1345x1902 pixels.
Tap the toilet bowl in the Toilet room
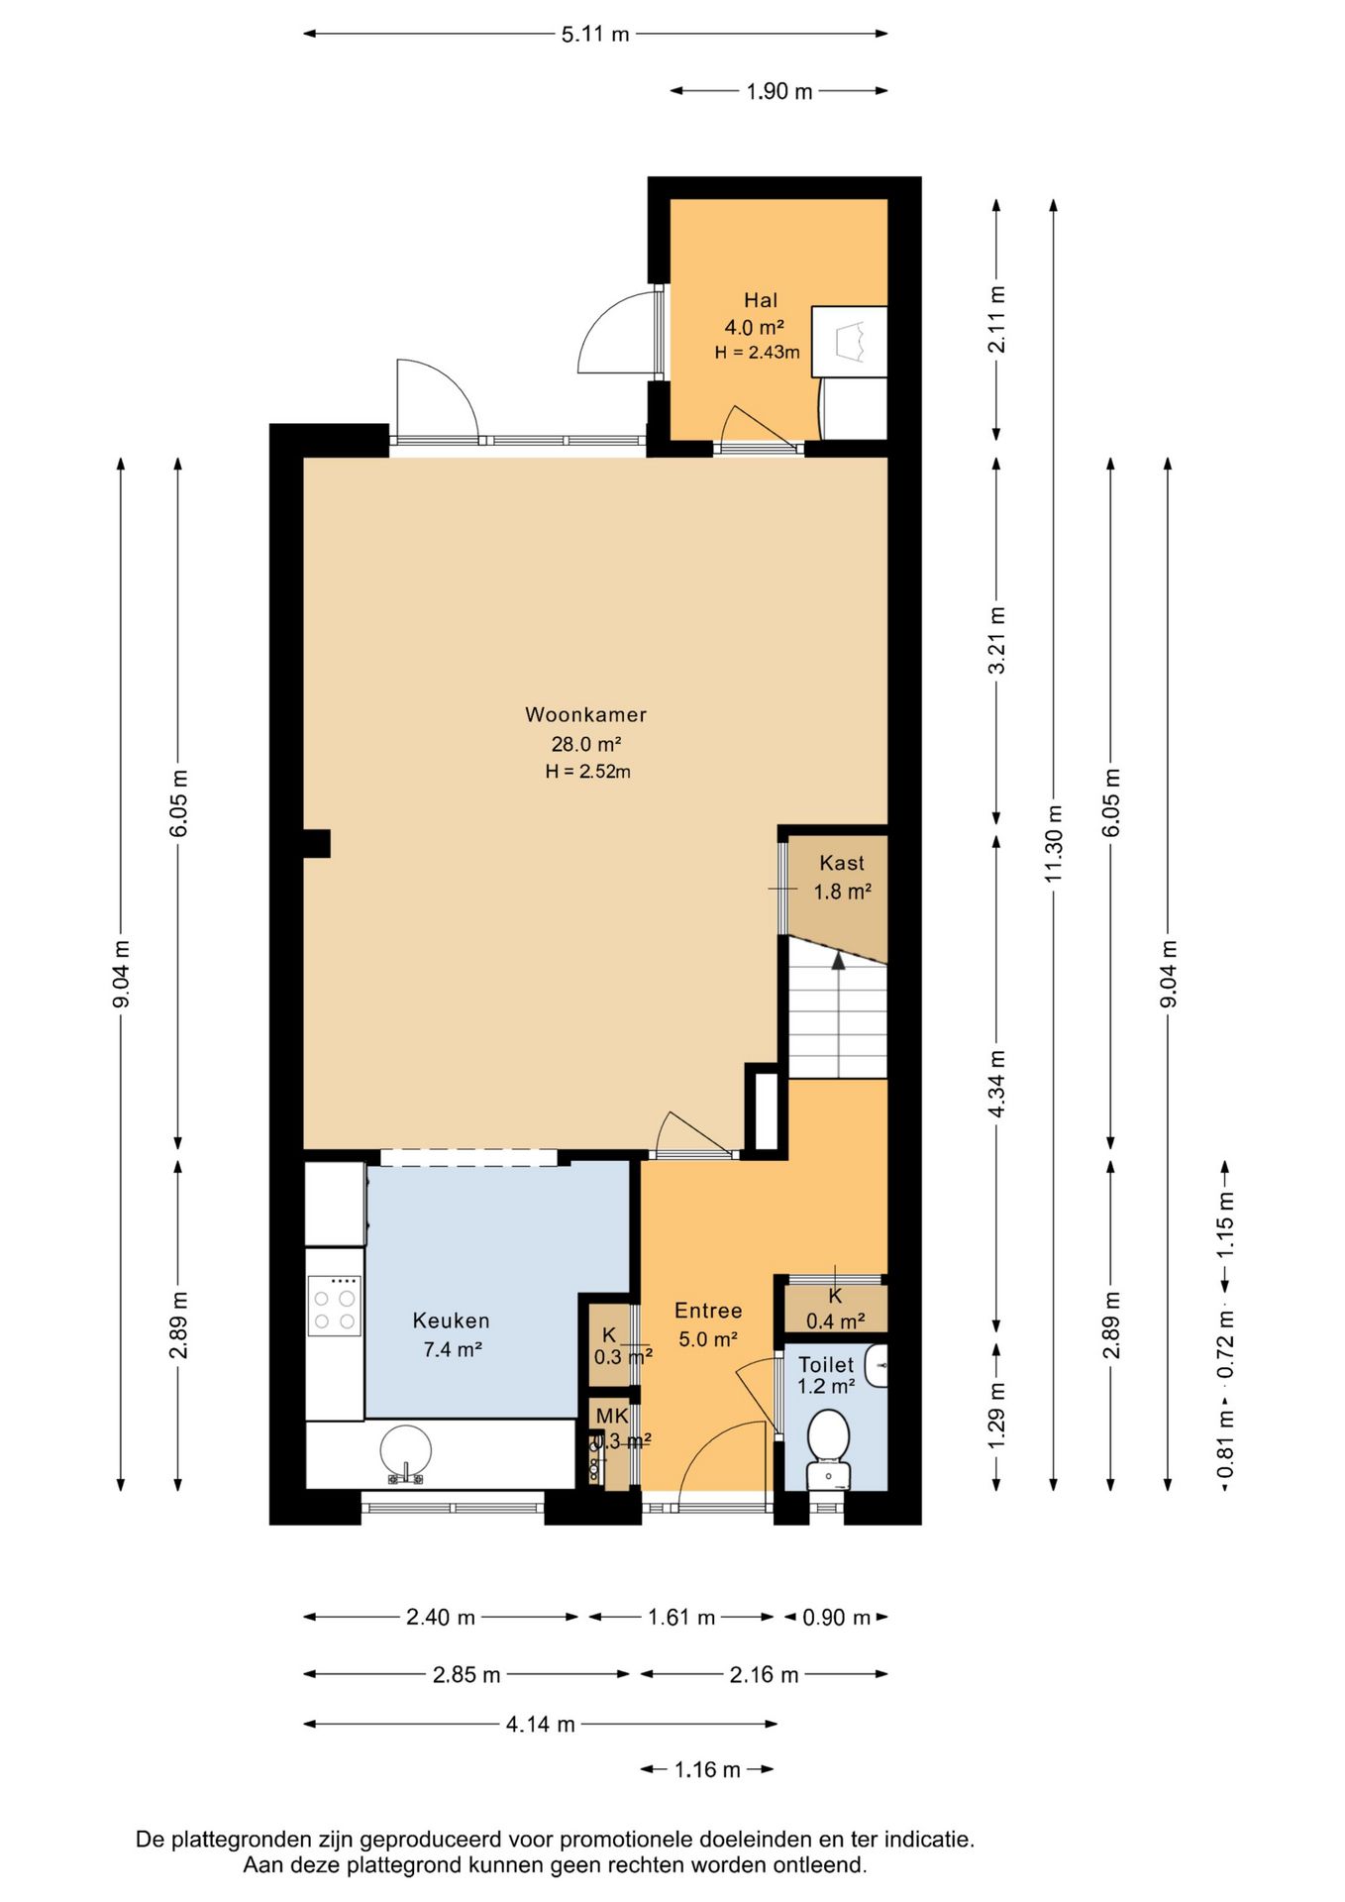[x=828, y=1446]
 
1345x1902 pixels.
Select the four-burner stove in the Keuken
[x=334, y=1307]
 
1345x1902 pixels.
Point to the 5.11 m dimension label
[x=595, y=35]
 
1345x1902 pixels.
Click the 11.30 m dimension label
[x=1054, y=844]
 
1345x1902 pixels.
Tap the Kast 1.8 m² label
[x=842, y=878]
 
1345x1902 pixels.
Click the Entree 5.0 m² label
[x=708, y=1324]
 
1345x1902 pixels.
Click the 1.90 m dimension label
[x=779, y=92]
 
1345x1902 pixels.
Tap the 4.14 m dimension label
[x=541, y=1725]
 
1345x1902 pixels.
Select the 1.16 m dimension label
[x=707, y=1770]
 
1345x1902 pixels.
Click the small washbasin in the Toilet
[x=876, y=1366]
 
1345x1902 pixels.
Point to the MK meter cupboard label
[x=611, y=1417]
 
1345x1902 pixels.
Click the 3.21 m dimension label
[x=997, y=641]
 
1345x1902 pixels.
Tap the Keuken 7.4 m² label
[x=452, y=1334]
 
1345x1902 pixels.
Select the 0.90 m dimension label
[x=837, y=1618]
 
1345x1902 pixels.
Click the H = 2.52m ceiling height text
[x=587, y=772]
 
